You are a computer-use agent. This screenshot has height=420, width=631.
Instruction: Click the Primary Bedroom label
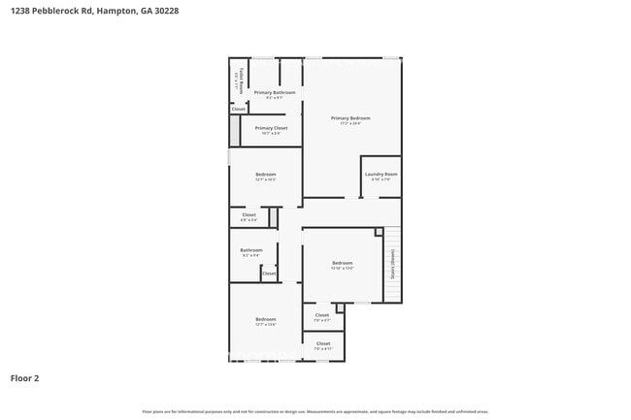[x=350, y=118]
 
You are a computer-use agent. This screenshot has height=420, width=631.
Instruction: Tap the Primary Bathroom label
[x=275, y=92]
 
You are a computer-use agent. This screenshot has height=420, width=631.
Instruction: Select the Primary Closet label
[x=272, y=128]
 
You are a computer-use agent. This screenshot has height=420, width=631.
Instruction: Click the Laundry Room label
[x=382, y=174]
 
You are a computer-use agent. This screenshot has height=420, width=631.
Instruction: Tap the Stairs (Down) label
[x=393, y=264]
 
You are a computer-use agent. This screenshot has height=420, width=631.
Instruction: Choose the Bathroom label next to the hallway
[x=251, y=250]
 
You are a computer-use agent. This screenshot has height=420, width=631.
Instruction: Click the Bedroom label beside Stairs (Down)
[x=342, y=263]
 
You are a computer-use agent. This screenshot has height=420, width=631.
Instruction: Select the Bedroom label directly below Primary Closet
[x=266, y=175]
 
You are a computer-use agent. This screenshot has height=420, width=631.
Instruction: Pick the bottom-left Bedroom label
[x=266, y=319]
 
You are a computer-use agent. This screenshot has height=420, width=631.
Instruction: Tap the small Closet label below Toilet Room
[x=239, y=110]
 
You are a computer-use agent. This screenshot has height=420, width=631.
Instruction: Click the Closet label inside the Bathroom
[x=269, y=274]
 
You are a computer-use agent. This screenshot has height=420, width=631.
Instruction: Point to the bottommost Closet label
[x=323, y=343]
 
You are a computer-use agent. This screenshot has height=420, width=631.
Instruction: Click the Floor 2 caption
[x=25, y=378]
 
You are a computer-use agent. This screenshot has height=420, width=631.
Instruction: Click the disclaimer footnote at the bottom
[x=315, y=411]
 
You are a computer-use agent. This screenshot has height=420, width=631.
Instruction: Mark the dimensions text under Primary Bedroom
[x=350, y=124]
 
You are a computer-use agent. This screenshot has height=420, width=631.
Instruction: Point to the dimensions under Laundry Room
[x=382, y=179]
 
